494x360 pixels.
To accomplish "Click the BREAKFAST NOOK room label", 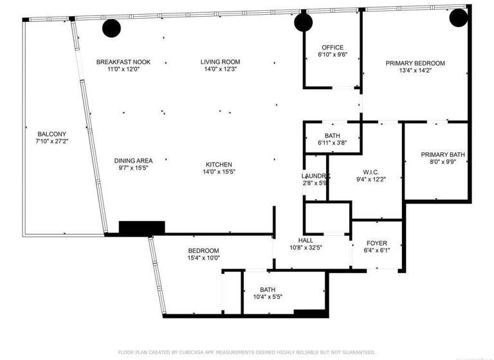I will (123, 62).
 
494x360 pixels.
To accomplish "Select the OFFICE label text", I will (332, 48).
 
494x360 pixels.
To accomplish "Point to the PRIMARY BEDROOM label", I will (415, 63).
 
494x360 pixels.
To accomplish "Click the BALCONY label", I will (51, 134).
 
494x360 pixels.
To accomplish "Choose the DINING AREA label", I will (133, 161).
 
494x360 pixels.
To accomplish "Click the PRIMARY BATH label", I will (443, 155).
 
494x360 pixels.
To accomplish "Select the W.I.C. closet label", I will (370, 172).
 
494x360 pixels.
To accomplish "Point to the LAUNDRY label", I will (315, 176).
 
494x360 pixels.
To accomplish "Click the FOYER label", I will (376, 244).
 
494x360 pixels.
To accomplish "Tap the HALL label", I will (306, 240).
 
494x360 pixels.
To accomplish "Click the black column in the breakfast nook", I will (111, 28).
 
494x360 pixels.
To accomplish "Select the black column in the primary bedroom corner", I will (458, 17).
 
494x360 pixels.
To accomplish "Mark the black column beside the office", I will (303, 23).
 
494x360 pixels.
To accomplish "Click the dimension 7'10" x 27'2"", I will (51, 141).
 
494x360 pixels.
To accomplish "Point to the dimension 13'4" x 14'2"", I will (415, 70).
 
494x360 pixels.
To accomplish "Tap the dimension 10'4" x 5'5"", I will (267, 296).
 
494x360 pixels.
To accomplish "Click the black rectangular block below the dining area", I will (142, 227).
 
